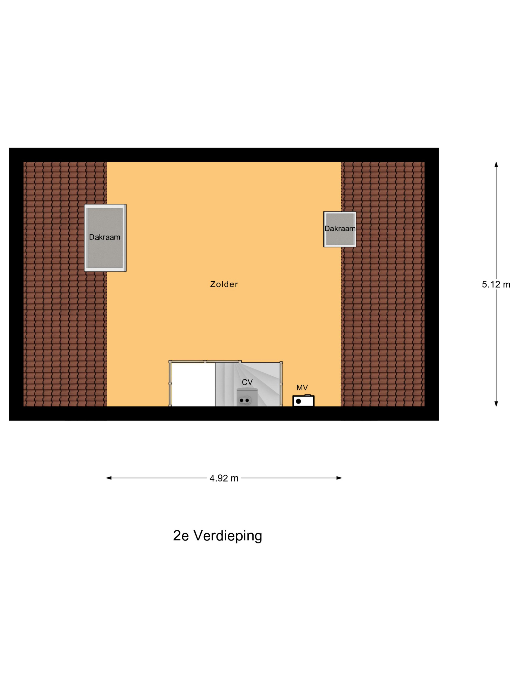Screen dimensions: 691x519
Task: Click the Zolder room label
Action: pyautogui.click(x=224, y=284)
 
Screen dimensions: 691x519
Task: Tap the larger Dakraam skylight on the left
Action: pyautogui.click(x=105, y=238)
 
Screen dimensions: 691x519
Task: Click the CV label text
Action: pyautogui.click(x=247, y=382)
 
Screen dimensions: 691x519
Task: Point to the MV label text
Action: pyautogui.click(x=302, y=387)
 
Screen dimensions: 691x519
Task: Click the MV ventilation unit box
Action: pyautogui.click(x=303, y=401)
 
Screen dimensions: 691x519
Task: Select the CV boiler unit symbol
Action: pyautogui.click(x=247, y=398)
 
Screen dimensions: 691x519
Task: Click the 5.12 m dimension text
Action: pyautogui.click(x=496, y=284)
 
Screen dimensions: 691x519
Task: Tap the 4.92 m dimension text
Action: pyautogui.click(x=224, y=478)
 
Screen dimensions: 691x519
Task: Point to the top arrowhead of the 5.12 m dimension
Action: pyautogui.click(x=496, y=164)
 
